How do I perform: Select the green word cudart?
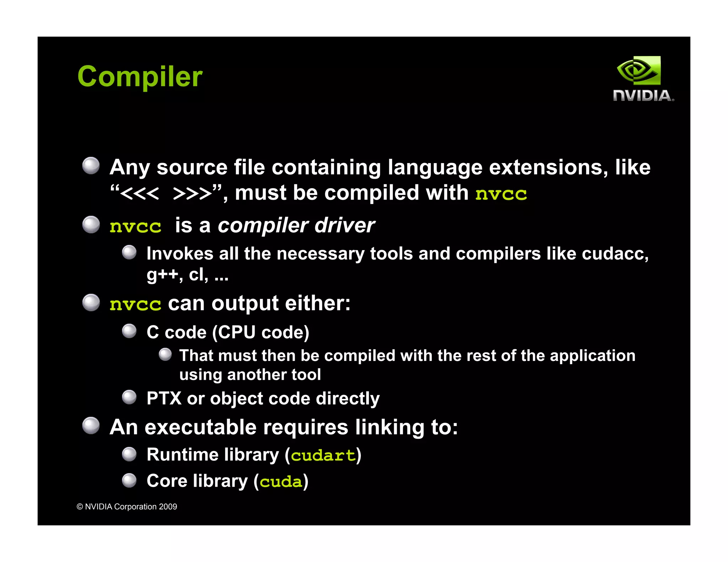[323, 455]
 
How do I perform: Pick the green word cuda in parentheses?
[281, 482]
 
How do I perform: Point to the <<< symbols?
[139, 194]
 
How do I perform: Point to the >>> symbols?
[192, 194]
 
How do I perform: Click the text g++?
[162, 275]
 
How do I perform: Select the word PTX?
[164, 398]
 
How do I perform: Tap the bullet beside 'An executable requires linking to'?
[91, 426]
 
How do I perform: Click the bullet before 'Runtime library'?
[129, 454]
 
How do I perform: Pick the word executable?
[200, 427]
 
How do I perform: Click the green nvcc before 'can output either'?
[135, 304]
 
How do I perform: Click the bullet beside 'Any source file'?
[91, 166]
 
